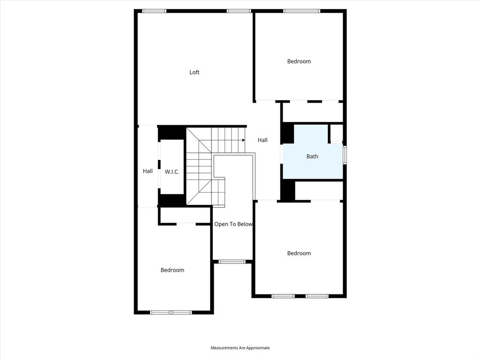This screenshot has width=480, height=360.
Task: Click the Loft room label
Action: tap(195, 72)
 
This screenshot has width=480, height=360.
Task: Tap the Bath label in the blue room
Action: tap(312, 157)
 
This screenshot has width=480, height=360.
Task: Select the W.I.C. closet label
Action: tap(172, 172)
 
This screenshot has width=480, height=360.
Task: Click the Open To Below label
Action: tap(233, 224)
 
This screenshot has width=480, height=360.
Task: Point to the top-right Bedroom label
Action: tap(299, 61)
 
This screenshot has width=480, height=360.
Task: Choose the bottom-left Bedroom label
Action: tap(172, 270)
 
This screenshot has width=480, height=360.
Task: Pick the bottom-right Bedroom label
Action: tap(299, 253)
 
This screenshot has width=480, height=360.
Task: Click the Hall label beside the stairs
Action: tap(262, 140)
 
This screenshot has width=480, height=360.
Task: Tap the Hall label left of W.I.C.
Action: tap(148, 171)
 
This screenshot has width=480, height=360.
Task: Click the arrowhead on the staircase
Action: tap(243, 140)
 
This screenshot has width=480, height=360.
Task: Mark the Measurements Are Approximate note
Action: tap(240, 348)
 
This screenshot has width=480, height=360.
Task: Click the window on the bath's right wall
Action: tap(345, 155)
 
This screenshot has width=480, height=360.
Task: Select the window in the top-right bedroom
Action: tap(301, 11)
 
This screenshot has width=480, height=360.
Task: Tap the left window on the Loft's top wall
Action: tap(154, 11)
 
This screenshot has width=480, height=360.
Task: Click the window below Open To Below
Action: tap(232, 262)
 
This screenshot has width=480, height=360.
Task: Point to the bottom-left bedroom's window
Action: tap(171, 312)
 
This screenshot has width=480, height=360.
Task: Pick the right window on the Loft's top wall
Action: tap(239, 11)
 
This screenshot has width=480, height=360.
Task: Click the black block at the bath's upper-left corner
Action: tap(287, 134)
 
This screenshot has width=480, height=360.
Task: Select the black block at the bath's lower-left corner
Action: tap(287, 191)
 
